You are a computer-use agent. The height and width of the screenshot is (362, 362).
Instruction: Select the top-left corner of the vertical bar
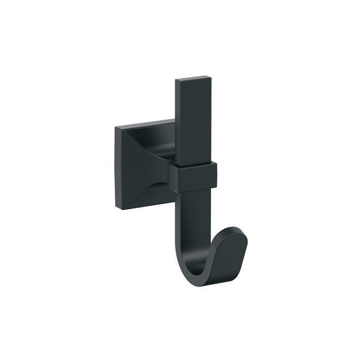[x=176, y=81]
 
